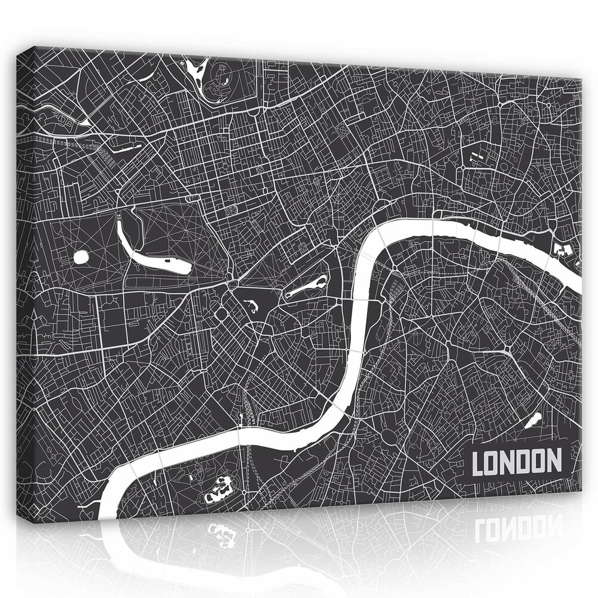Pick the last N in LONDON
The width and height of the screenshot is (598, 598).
coord(554,462)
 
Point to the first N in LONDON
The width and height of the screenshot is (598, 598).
coord(507,462)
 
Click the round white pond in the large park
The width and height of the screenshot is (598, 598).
coord(80,258)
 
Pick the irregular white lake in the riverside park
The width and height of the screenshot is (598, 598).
coord(218,487)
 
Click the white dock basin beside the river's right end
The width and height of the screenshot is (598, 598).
coord(562,248)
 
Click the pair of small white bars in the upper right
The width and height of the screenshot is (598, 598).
coord(476,157)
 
